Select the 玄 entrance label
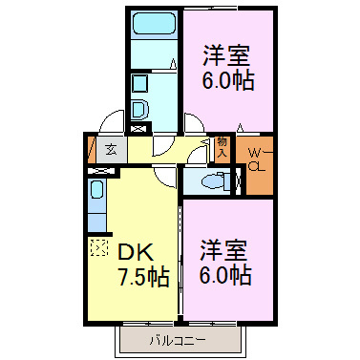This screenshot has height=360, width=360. tap(112, 149)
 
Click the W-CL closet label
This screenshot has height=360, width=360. tap(256, 160)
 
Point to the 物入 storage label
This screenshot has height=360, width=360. tap(222, 146)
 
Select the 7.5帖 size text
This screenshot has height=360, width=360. tap(143, 279)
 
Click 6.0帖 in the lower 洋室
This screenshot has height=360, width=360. tap(225, 277)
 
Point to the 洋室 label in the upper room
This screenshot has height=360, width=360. tap(226, 54)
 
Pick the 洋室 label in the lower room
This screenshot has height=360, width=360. tap(224, 251)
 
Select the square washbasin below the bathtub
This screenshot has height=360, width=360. tap(139, 81)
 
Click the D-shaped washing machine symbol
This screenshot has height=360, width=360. tap(138, 109)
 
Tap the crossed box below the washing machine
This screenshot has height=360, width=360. tap(139, 128)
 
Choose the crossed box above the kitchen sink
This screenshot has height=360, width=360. tap(96, 171)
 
